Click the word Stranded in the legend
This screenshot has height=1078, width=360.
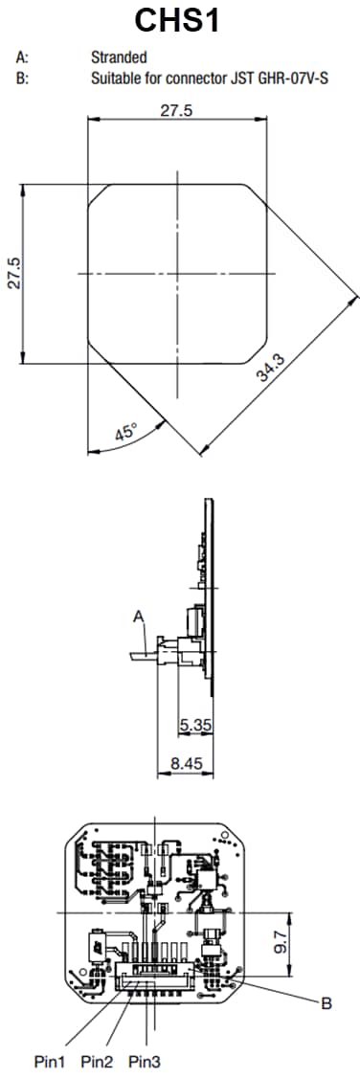point(118,57)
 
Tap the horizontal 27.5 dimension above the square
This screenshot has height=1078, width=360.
point(176,111)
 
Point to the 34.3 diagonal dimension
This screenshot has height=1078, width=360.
point(271,368)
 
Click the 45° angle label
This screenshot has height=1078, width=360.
point(125,432)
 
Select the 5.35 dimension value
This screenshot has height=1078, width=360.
point(195,725)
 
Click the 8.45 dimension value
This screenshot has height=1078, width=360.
point(185,764)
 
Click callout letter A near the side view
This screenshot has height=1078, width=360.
point(139,619)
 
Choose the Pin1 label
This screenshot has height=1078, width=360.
point(51,1061)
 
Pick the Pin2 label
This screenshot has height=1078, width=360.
point(97,1061)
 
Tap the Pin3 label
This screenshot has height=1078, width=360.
point(145,1061)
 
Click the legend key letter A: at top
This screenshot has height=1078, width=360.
point(22,57)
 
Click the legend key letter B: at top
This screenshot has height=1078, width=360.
point(22,78)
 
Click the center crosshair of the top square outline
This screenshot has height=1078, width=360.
point(176,274)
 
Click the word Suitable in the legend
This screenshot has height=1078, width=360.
point(113,78)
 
